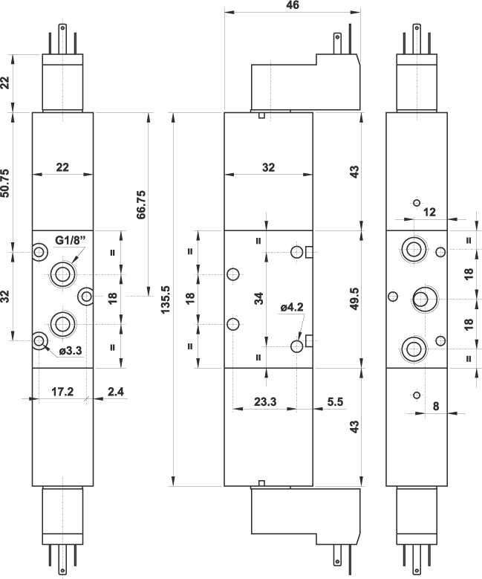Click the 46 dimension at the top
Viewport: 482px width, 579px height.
click(293, 5)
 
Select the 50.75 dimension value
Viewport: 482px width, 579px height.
click(6, 182)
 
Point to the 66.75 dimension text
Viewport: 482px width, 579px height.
click(142, 203)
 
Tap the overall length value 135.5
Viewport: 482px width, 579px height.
click(166, 298)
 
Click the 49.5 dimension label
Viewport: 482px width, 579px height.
click(355, 298)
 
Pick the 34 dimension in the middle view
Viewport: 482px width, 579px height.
click(258, 298)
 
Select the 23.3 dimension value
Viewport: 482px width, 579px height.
click(264, 401)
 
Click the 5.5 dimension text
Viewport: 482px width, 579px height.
click(335, 401)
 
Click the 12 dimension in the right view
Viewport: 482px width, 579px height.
click(429, 212)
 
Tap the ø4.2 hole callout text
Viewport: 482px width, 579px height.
click(293, 307)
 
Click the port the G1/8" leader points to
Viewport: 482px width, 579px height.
click(62, 274)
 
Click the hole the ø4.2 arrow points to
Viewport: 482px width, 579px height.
click(297, 345)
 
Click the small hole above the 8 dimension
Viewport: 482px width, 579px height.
click(417, 395)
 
